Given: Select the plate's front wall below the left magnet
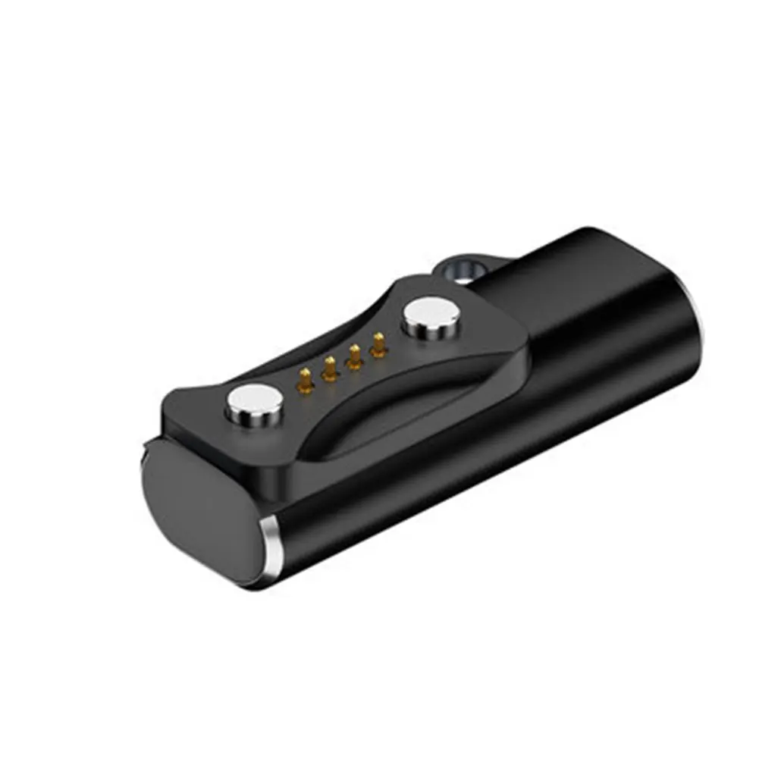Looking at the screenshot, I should pos(227,447).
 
